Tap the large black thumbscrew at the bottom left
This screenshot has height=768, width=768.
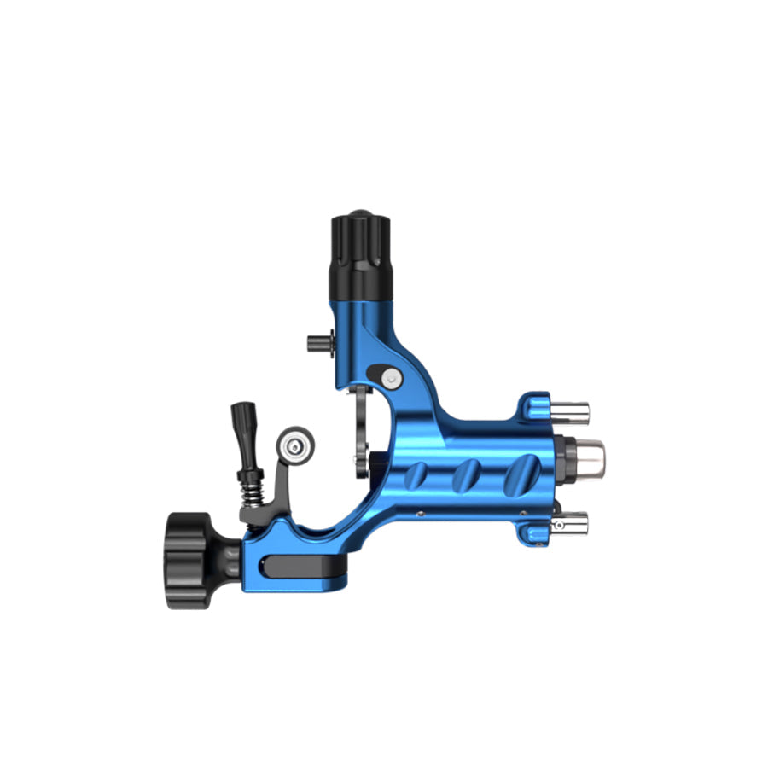[189, 560]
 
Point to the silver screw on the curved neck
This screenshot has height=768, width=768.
[390, 376]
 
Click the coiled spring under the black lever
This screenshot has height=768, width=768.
[253, 492]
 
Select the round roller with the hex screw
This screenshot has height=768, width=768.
[295, 445]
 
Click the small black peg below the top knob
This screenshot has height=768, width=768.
[317, 343]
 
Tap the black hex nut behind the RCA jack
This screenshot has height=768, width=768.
[562, 457]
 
